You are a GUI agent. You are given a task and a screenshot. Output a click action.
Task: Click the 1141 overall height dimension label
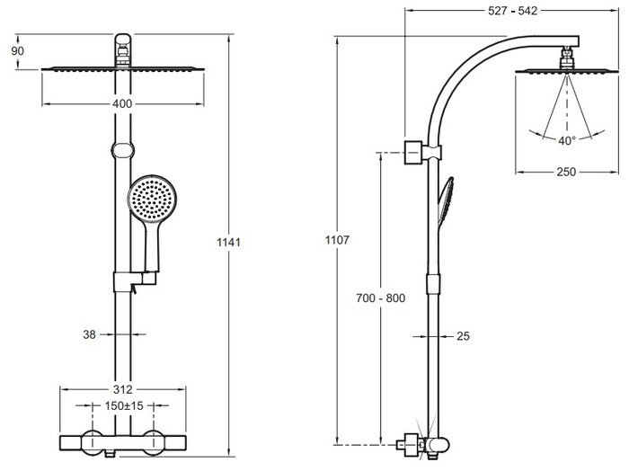pyautogui.click(x=231, y=241)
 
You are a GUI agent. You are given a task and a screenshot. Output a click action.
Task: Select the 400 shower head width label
pyautogui.click(x=123, y=104)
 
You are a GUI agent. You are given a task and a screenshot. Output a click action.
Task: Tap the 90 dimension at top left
pyautogui.click(x=18, y=51)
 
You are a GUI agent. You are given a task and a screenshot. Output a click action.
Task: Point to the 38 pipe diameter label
pyautogui.click(x=90, y=334)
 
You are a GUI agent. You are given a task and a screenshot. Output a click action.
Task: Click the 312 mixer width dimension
pyautogui.click(x=123, y=389)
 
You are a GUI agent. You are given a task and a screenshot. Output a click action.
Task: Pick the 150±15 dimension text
pyautogui.click(x=123, y=405)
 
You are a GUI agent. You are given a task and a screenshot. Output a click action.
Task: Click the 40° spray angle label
pyautogui.click(x=566, y=141)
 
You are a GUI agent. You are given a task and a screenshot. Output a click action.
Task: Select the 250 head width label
pyautogui.click(x=565, y=173)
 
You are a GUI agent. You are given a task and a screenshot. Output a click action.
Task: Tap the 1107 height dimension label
pyautogui.click(x=338, y=241)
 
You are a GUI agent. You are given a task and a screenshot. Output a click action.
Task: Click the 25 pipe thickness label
pyautogui.click(x=464, y=336)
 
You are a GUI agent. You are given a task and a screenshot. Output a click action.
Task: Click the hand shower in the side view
pyautogui.click(x=445, y=202)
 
